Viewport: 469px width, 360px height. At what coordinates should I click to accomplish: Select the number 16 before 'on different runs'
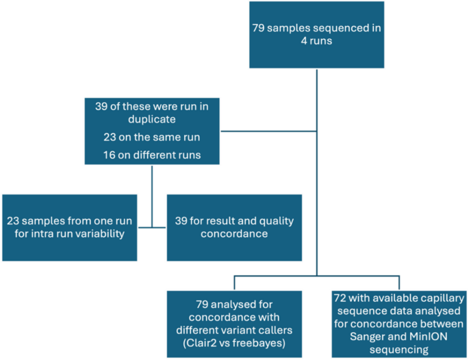(111, 154)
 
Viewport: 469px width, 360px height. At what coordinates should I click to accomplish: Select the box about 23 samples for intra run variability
(69, 227)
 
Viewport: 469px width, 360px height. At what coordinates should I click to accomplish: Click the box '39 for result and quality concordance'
(234, 227)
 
